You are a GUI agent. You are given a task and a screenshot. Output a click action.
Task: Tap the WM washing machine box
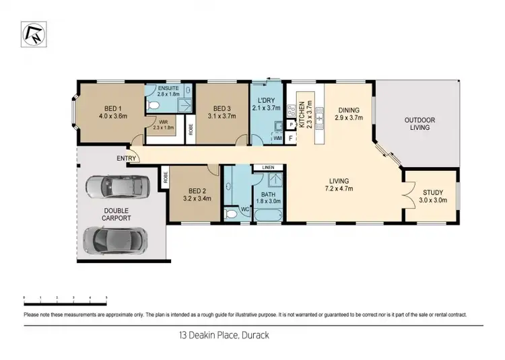pyautogui.click(x=277, y=138)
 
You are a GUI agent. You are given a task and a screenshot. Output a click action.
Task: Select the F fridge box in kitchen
pyautogui.click(x=290, y=138)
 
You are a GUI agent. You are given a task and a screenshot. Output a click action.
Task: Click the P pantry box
pyautogui.click(x=290, y=125)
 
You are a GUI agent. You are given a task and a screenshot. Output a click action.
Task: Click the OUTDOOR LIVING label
pyautogui.click(x=419, y=123)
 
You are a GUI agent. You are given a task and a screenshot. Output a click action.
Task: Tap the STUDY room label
pyautogui.click(x=432, y=194)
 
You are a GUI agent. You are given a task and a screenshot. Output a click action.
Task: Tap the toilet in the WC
pyautogui.click(x=232, y=213)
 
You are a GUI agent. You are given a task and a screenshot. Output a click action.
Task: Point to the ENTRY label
pyautogui.click(x=125, y=159)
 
